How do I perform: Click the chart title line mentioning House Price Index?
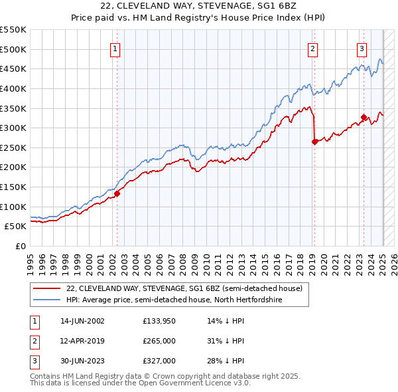point(199,19)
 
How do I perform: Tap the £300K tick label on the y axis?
point(13,128)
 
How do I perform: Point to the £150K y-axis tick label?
point(13,187)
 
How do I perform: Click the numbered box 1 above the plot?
point(115,48)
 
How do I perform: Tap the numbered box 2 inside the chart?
point(312,48)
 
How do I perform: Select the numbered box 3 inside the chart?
point(362,48)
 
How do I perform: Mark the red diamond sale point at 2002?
point(117,193)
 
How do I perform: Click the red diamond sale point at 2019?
point(314,142)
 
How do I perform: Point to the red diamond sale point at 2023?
point(364,118)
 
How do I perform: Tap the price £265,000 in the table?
point(159,341)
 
